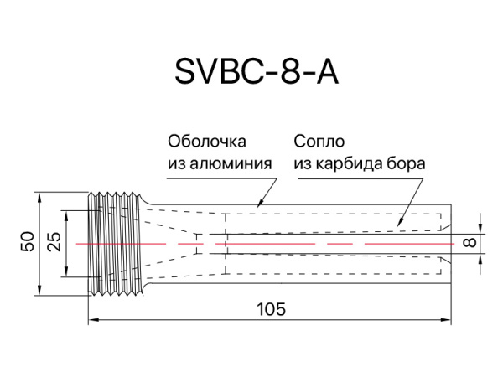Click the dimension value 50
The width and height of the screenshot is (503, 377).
(28, 243)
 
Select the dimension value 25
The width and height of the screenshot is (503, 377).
(54, 243)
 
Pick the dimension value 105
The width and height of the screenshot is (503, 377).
(269, 308)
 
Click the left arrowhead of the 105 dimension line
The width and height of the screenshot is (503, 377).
(93, 319)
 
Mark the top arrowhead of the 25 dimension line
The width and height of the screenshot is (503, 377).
(66, 213)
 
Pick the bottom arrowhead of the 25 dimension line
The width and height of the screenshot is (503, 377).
(66, 274)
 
